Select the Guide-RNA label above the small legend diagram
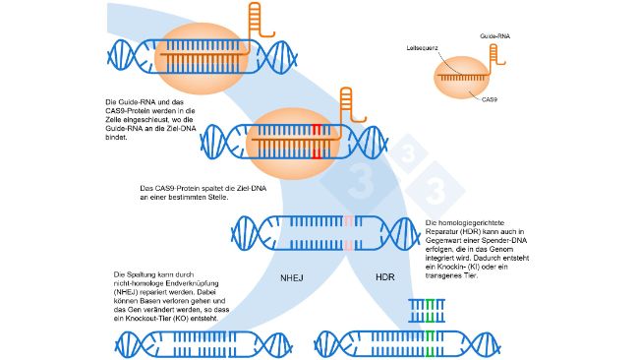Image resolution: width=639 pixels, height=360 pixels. [494, 35]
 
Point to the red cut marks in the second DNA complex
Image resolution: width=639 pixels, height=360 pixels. [317, 140]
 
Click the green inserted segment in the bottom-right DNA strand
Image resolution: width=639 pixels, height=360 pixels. [430, 345]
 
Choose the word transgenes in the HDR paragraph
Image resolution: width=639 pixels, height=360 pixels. [442, 274]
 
